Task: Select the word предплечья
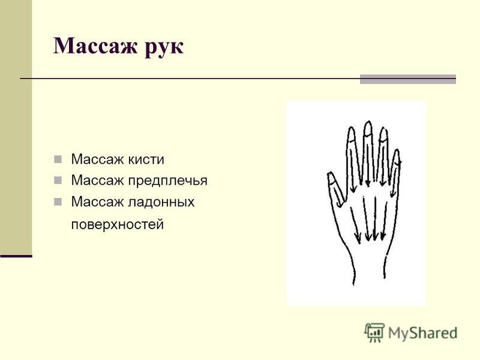coord(167,181)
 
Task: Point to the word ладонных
coord(161,202)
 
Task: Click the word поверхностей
coord(117,224)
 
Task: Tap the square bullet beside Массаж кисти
coord(58,159)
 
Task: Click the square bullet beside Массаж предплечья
coord(58,181)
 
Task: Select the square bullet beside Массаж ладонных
coord(58,202)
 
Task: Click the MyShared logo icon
coord(374,332)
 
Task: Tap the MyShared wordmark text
coord(422,333)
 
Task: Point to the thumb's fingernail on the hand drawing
coord(331,179)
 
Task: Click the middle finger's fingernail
coord(368,128)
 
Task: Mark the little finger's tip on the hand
coord(397,151)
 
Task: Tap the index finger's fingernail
coord(351,134)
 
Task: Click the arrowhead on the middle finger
coord(368,184)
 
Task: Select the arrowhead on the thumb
coord(340,204)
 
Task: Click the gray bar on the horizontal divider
coord(408,79)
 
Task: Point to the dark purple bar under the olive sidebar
coord(16,256)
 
